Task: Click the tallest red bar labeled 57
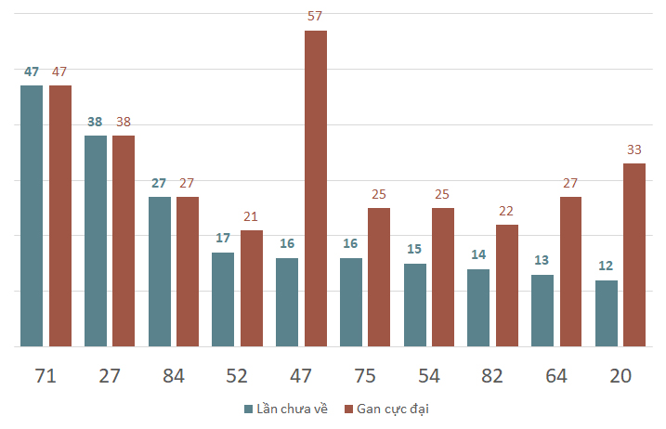click(x=316, y=188)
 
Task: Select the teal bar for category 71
click(x=32, y=216)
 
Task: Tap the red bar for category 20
click(x=634, y=254)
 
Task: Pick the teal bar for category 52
click(x=223, y=299)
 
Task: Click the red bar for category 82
click(x=507, y=286)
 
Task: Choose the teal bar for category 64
click(x=542, y=311)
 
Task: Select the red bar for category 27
click(x=124, y=241)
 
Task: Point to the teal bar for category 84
click(x=160, y=272)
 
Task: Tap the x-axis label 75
click(x=365, y=376)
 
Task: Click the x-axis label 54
click(x=429, y=376)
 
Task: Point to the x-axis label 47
click(x=301, y=376)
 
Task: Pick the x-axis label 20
click(x=620, y=376)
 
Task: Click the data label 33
click(x=634, y=149)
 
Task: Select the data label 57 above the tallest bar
click(x=315, y=16)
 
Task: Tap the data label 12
click(x=606, y=266)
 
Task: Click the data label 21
click(x=251, y=216)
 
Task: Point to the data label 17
click(x=223, y=238)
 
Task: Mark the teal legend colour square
click(x=249, y=409)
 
